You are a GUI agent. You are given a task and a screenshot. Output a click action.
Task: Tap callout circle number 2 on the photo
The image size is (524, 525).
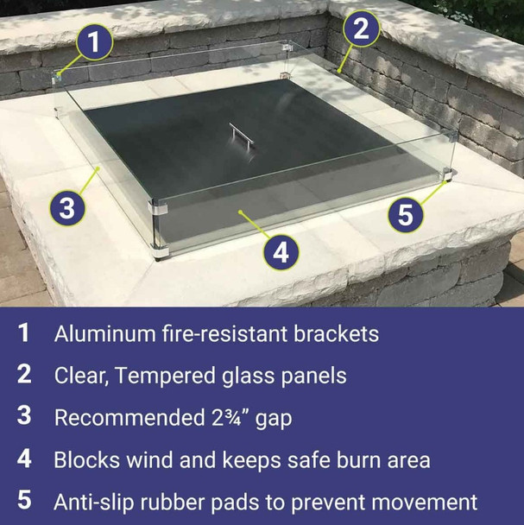(362, 29)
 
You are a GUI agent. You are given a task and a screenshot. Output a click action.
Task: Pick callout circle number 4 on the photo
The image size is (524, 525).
(280, 253)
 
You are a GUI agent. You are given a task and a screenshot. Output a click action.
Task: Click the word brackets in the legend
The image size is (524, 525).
(332, 334)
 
